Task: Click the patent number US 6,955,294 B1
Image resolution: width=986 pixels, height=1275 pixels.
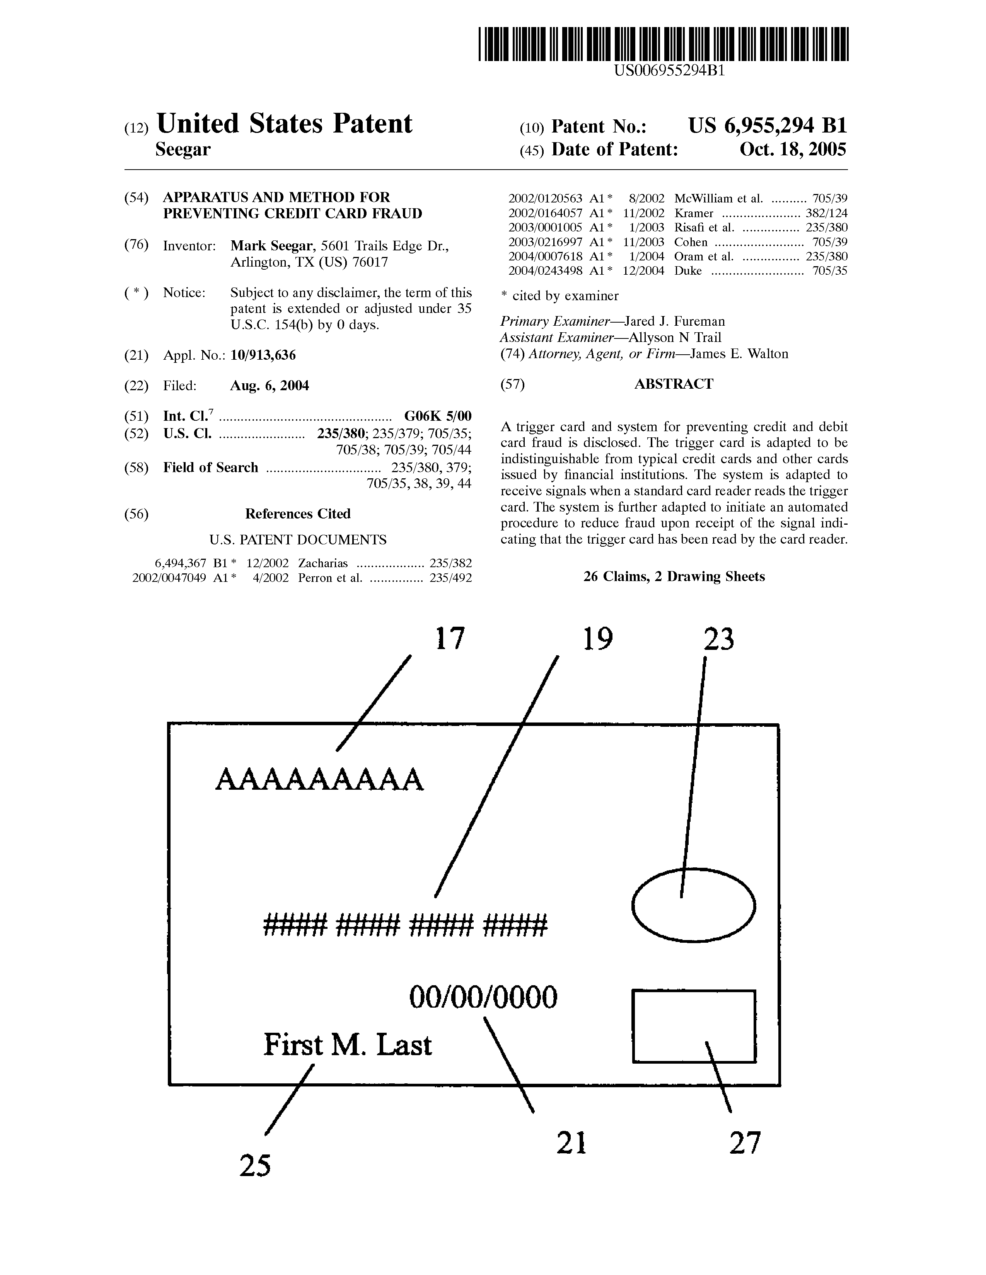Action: (767, 126)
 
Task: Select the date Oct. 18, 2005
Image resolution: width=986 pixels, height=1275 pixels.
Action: (793, 150)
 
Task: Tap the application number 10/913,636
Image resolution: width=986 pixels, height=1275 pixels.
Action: (263, 355)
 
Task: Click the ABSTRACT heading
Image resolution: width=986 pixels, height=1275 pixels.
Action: (674, 384)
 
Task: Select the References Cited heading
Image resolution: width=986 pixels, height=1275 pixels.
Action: (297, 514)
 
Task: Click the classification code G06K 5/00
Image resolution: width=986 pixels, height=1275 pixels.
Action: (437, 416)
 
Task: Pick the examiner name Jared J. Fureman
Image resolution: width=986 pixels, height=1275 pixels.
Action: (675, 321)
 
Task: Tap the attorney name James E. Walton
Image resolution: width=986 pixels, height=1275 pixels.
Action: (739, 354)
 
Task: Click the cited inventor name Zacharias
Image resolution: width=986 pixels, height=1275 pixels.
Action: (322, 563)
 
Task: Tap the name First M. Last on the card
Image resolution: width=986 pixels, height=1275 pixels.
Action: (348, 1044)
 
